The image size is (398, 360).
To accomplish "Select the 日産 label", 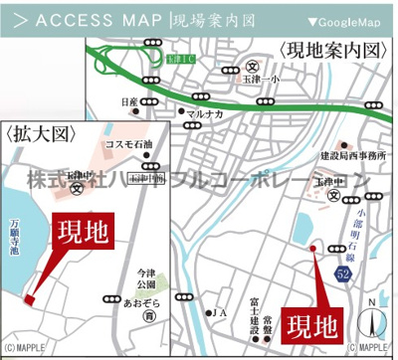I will [x=127, y=101].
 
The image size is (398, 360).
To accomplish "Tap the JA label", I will [x=220, y=312].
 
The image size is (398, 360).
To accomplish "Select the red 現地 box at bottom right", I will [x=313, y=324].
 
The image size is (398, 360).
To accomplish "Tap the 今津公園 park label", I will [x=147, y=282].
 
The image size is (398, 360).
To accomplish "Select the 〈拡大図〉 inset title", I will [x=35, y=130].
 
